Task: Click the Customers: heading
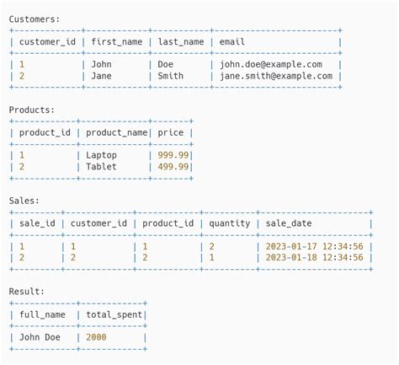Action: click(35, 18)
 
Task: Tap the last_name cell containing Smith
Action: click(170, 76)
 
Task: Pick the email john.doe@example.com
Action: click(271, 64)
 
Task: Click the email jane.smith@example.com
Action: click(276, 76)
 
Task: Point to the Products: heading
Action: click(31, 110)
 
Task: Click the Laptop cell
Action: click(102, 155)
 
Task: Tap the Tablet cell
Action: click(102, 167)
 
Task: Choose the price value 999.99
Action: click(173, 155)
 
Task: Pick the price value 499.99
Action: click(173, 167)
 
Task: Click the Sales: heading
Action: click(24, 201)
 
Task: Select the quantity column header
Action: click(230, 223)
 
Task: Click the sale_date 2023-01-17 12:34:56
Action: click(314, 246)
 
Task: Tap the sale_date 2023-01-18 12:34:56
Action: click(314, 258)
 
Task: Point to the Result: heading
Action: click(27, 292)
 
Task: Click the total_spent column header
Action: click(114, 314)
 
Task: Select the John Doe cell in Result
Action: click(42, 338)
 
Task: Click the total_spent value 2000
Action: click(97, 338)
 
